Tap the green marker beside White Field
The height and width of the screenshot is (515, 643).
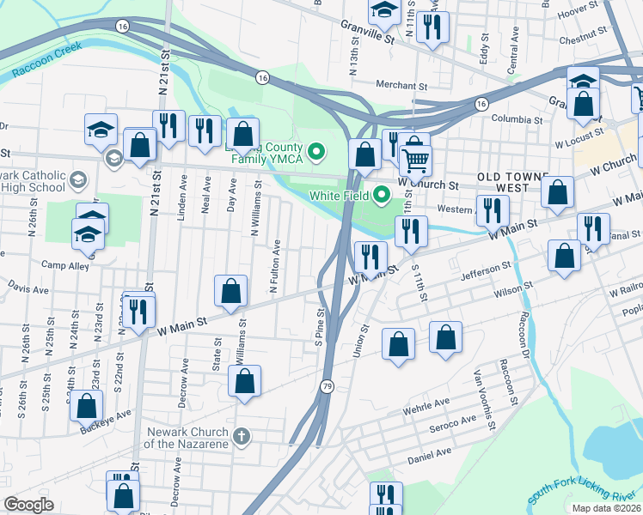click(383, 194)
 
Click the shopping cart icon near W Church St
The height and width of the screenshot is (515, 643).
click(415, 160)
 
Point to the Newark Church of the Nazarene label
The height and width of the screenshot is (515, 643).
click(187, 438)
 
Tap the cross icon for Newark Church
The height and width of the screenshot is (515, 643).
click(242, 437)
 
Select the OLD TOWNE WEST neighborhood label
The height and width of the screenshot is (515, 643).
click(516, 182)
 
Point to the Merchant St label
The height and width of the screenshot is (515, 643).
click(401, 86)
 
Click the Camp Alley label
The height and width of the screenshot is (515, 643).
click(65, 266)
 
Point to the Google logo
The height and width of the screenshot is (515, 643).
click(29, 505)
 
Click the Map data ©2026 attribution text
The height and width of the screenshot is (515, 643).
click(604, 508)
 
